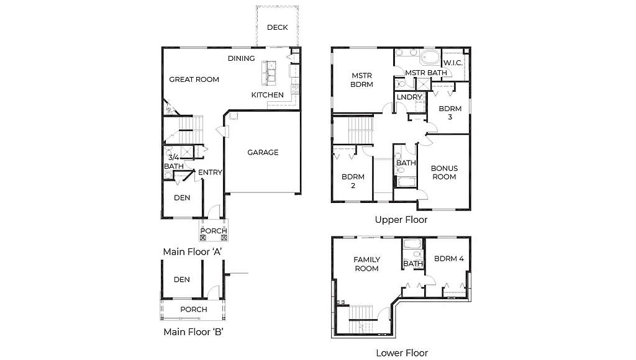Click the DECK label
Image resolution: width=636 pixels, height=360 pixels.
pos(277,27)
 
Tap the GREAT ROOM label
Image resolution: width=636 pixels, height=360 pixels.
pos(194,79)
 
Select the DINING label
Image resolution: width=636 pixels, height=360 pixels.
pos(241,58)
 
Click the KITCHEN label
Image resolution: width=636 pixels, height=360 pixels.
pos(267,95)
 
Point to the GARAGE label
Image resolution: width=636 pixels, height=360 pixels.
pos(263,152)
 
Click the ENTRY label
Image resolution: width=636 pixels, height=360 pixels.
pos(210,172)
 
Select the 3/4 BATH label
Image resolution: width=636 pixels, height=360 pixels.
pos(173,162)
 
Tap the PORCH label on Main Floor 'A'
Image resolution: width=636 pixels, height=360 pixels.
pos(214,231)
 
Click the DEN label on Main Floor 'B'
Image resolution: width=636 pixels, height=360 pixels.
pos(181,279)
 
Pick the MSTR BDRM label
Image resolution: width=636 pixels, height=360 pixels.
pos(361,80)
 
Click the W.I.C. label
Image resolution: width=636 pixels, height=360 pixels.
pos(453,63)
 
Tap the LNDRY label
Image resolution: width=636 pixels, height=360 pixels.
pos(409,97)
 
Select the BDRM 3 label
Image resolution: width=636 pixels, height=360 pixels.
pos(450,112)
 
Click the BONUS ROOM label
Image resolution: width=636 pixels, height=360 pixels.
pos(444,173)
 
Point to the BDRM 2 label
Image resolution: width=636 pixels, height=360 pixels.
pos(353,181)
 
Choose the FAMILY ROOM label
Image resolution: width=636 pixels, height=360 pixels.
pos(366,264)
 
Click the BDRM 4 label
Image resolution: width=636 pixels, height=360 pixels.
pos(449,259)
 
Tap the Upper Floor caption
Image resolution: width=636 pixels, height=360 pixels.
pos(401,220)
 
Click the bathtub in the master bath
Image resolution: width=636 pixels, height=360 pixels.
pos(430,59)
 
